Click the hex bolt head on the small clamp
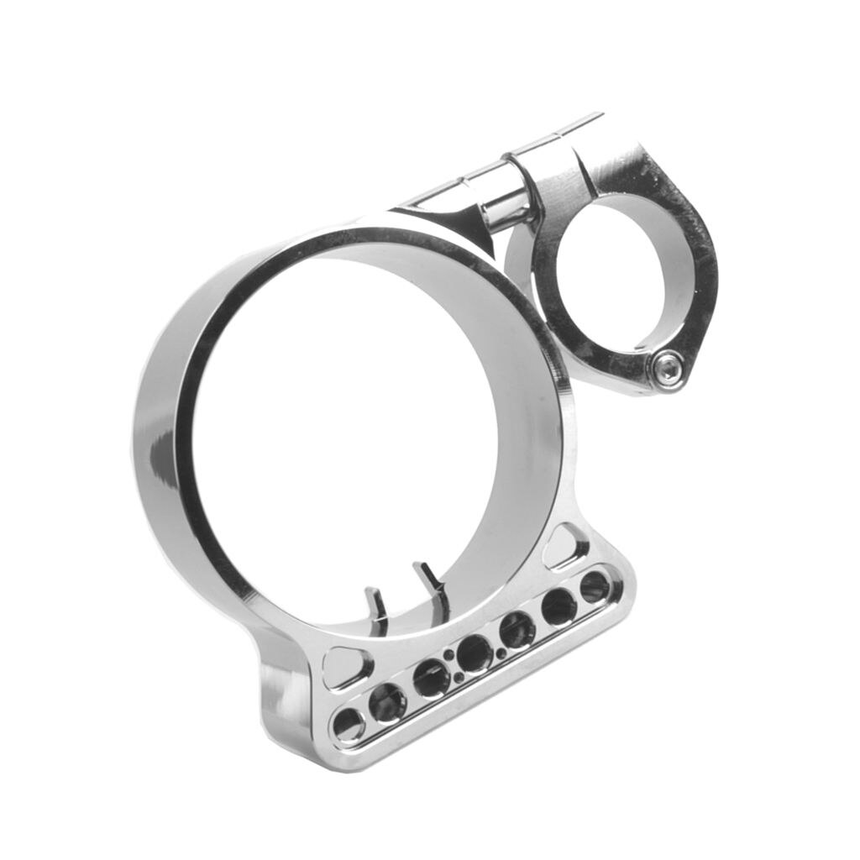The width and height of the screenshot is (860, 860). [668, 369]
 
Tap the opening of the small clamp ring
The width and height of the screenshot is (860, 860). [623, 273]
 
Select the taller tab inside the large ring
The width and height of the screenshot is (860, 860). [431, 582]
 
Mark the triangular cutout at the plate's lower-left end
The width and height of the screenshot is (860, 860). [346, 666]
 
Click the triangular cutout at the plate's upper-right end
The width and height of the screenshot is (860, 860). [567, 547]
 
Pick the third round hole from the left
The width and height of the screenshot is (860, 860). [431, 677]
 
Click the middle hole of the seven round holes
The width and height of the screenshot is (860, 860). [475, 653]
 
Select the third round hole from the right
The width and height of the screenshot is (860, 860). [517, 630]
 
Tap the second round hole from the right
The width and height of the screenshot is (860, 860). [558, 606]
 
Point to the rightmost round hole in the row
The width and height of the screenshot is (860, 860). [595, 586]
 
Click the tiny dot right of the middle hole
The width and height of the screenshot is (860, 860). [501, 653]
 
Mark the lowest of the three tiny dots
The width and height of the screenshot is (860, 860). [459, 677]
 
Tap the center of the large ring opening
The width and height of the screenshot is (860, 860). [353, 428]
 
